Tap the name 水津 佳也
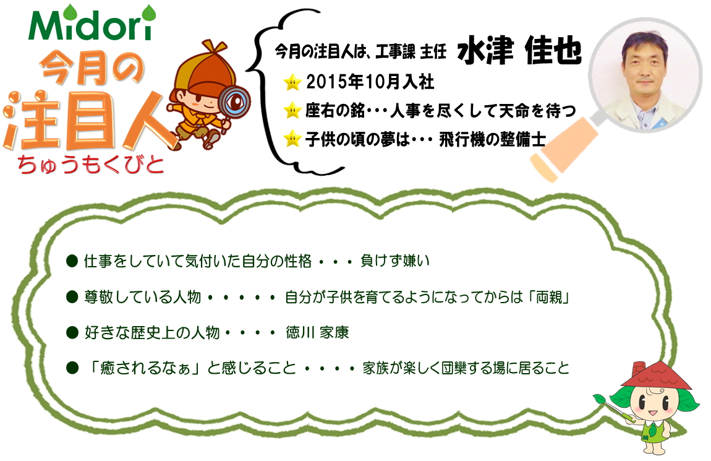[x=519, y=50]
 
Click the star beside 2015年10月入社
[x=292, y=82]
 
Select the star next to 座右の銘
[x=292, y=110]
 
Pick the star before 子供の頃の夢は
[x=292, y=139]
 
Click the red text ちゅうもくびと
[x=90, y=164]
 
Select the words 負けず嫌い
[x=394, y=261]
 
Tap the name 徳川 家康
[x=317, y=332]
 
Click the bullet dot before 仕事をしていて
[x=72, y=261]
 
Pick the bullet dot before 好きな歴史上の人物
[x=72, y=332]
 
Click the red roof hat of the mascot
[x=656, y=373]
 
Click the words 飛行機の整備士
[x=492, y=139]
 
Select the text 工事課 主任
[x=411, y=52]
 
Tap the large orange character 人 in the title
[x=146, y=122]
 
